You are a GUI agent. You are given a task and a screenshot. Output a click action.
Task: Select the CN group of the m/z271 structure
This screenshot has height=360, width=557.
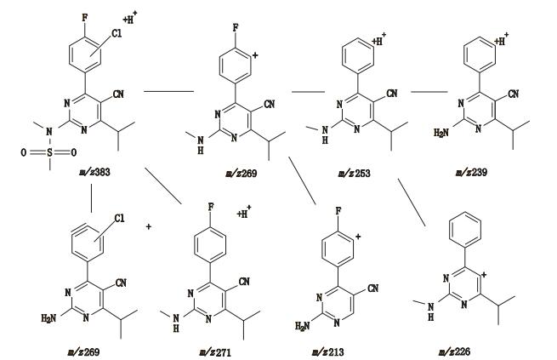coord(245,281)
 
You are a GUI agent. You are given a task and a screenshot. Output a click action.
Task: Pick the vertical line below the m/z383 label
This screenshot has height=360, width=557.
coord(91,198)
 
